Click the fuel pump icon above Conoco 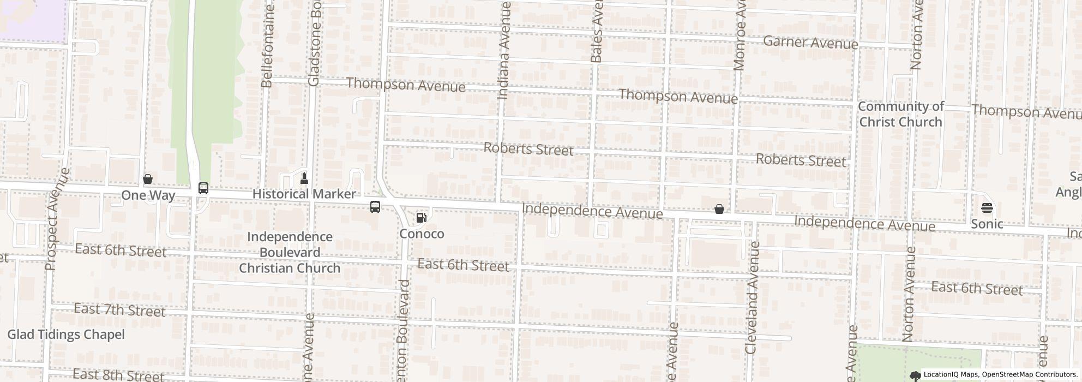[x=421, y=218]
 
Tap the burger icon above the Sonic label [x=987, y=208]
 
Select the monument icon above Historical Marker [x=304, y=178]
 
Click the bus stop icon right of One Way [x=203, y=188]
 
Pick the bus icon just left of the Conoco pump [x=375, y=207]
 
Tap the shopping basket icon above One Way [x=147, y=179]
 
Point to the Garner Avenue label [x=810, y=42]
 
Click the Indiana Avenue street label [x=504, y=50]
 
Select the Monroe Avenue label [x=740, y=35]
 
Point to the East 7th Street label [x=119, y=310]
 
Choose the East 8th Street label [x=118, y=375]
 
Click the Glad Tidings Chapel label [x=66, y=335]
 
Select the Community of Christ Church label [x=900, y=114]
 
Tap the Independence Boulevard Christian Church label [x=290, y=252]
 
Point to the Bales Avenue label [x=597, y=31]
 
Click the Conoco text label [x=422, y=234]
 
